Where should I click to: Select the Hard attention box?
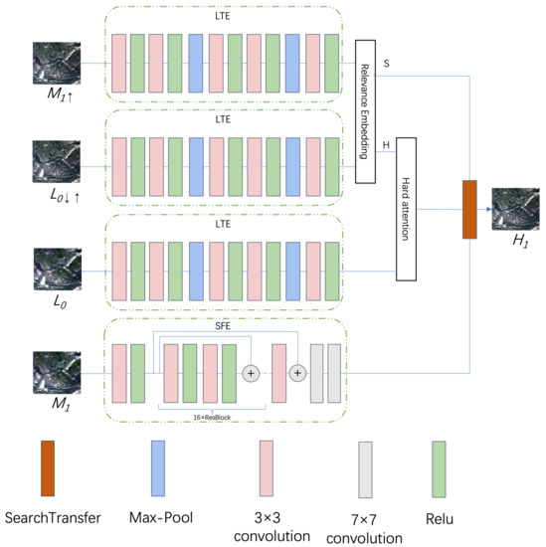[x=404, y=207]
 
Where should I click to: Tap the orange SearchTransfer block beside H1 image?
[x=470, y=209]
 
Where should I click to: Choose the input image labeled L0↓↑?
[x=49, y=160]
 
